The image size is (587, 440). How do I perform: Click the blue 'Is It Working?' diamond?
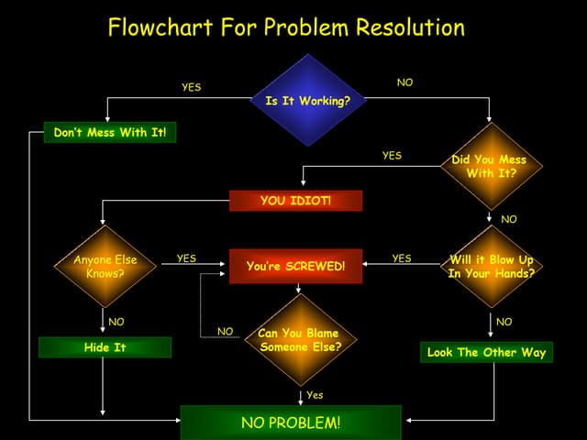pyautogui.click(x=307, y=100)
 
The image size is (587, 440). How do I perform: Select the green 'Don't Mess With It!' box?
pyautogui.click(x=110, y=133)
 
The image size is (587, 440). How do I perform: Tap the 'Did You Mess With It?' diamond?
pyautogui.click(x=490, y=166)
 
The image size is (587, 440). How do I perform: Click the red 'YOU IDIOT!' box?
pyautogui.click(x=295, y=201)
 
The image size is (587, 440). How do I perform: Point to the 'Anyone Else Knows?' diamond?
pyautogui.click(x=105, y=266)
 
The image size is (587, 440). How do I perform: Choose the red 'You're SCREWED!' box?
pyautogui.click(x=295, y=266)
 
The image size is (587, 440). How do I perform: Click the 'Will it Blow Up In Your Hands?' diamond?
pyautogui.click(x=491, y=266)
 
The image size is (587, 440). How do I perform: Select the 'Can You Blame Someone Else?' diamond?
pyautogui.click(x=299, y=340)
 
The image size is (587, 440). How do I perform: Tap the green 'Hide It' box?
pyautogui.click(x=105, y=347)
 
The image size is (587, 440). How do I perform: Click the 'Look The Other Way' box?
pyautogui.click(x=486, y=352)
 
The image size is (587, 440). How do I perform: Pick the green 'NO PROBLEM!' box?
pyautogui.click(x=290, y=423)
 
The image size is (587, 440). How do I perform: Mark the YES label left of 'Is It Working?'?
pyautogui.click(x=191, y=87)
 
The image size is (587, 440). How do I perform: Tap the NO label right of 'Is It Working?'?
pyautogui.click(x=404, y=82)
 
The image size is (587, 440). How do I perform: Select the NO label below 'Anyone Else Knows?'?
pyautogui.click(x=116, y=322)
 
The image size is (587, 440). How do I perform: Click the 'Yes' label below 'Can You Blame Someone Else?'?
pyautogui.click(x=315, y=395)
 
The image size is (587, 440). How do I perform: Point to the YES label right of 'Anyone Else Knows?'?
pyautogui.click(x=186, y=258)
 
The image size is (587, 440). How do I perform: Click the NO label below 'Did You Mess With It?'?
pyautogui.click(x=508, y=219)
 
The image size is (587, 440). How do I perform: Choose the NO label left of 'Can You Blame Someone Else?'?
pyautogui.click(x=225, y=331)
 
